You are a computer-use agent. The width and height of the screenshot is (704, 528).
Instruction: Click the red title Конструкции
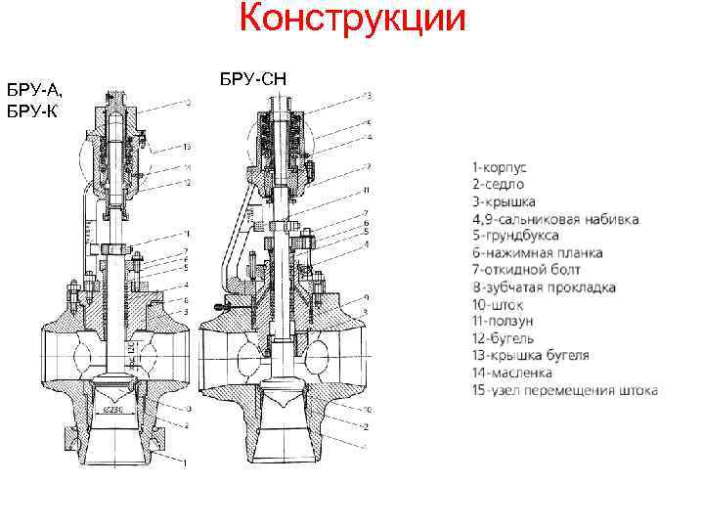pos(353,22)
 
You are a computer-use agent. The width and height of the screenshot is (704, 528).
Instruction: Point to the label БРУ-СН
pos(252,76)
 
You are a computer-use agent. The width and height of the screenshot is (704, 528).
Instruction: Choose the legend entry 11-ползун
pos(506,321)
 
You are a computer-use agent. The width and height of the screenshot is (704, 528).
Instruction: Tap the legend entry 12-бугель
pos(505,338)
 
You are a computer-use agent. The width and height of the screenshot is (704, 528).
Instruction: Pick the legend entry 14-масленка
pos(511,373)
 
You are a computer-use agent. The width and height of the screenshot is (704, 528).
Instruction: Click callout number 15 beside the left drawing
pos(186,147)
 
